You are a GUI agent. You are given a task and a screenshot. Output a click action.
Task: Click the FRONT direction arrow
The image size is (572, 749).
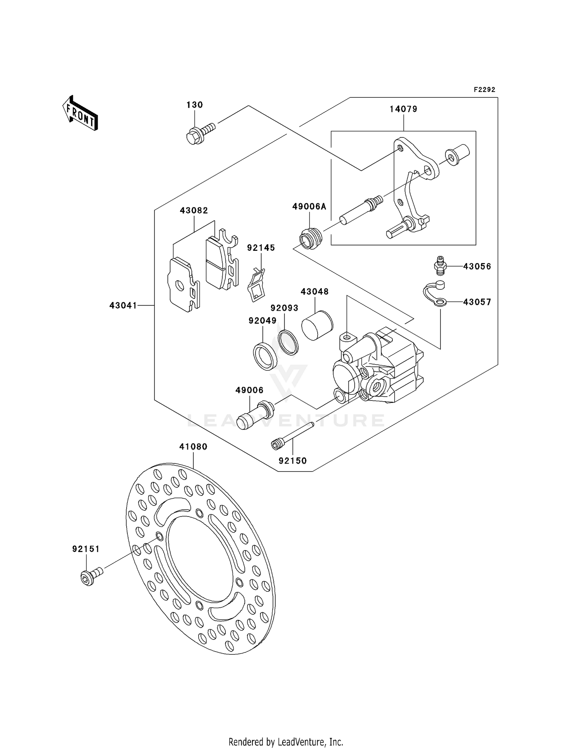tap(80, 113)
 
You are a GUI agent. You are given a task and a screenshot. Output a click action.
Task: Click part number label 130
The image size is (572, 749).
tap(194, 105)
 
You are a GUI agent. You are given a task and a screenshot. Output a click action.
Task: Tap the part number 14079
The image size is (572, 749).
tap(403, 109)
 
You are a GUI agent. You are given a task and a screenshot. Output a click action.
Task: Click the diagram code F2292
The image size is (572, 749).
tap(484, 90)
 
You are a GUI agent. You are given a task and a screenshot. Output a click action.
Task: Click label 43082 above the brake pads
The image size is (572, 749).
tap(194, 210)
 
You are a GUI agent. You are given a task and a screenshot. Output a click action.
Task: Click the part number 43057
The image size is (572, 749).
tap(477, 302)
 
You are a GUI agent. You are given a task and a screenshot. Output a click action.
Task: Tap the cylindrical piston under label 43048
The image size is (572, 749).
tap(317, 325)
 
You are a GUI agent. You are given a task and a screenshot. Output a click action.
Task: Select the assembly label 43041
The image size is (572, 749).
tap(123, 305)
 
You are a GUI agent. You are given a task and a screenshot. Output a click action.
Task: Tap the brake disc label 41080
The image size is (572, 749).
tap(193, 447)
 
